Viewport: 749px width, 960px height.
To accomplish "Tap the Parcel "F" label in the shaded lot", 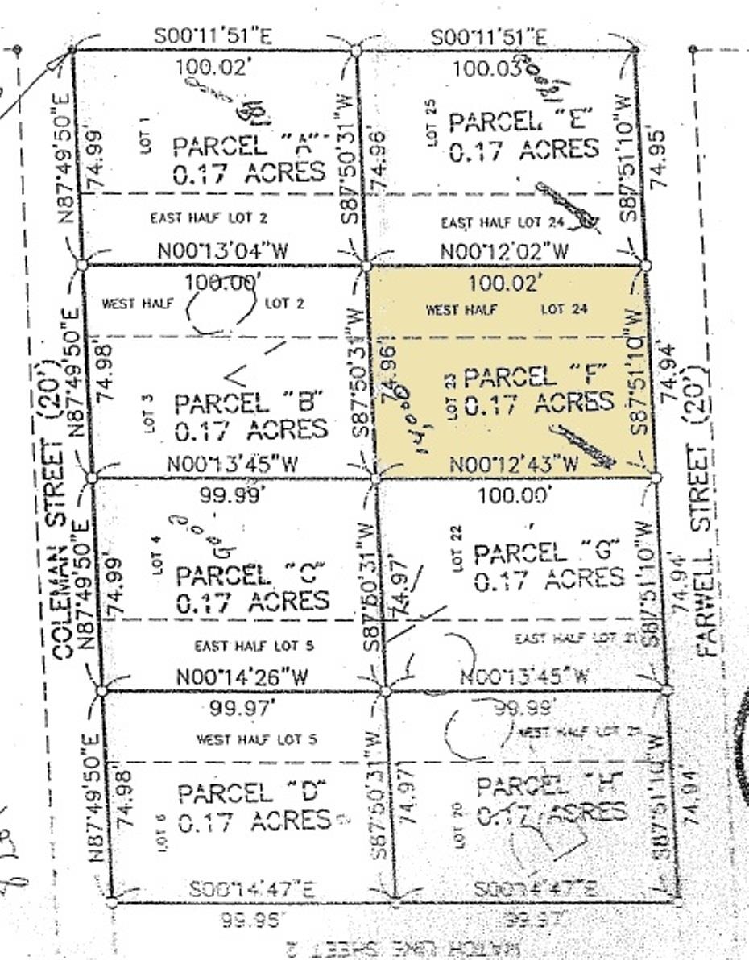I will [533, 376].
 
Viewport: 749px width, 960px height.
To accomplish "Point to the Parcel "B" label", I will [249, 402].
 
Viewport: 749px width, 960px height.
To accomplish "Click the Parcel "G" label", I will [548, 552].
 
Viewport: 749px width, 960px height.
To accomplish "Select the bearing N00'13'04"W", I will [222, 250].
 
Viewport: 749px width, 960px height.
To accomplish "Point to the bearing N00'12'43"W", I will [513, 465].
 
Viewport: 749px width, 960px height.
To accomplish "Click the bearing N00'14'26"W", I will [242, 678].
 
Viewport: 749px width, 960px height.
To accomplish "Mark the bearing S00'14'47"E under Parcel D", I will [252, 889].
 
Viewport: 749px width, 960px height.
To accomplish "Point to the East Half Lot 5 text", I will [254, 646].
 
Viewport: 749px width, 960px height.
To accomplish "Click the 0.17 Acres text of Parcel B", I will [250, 428].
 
